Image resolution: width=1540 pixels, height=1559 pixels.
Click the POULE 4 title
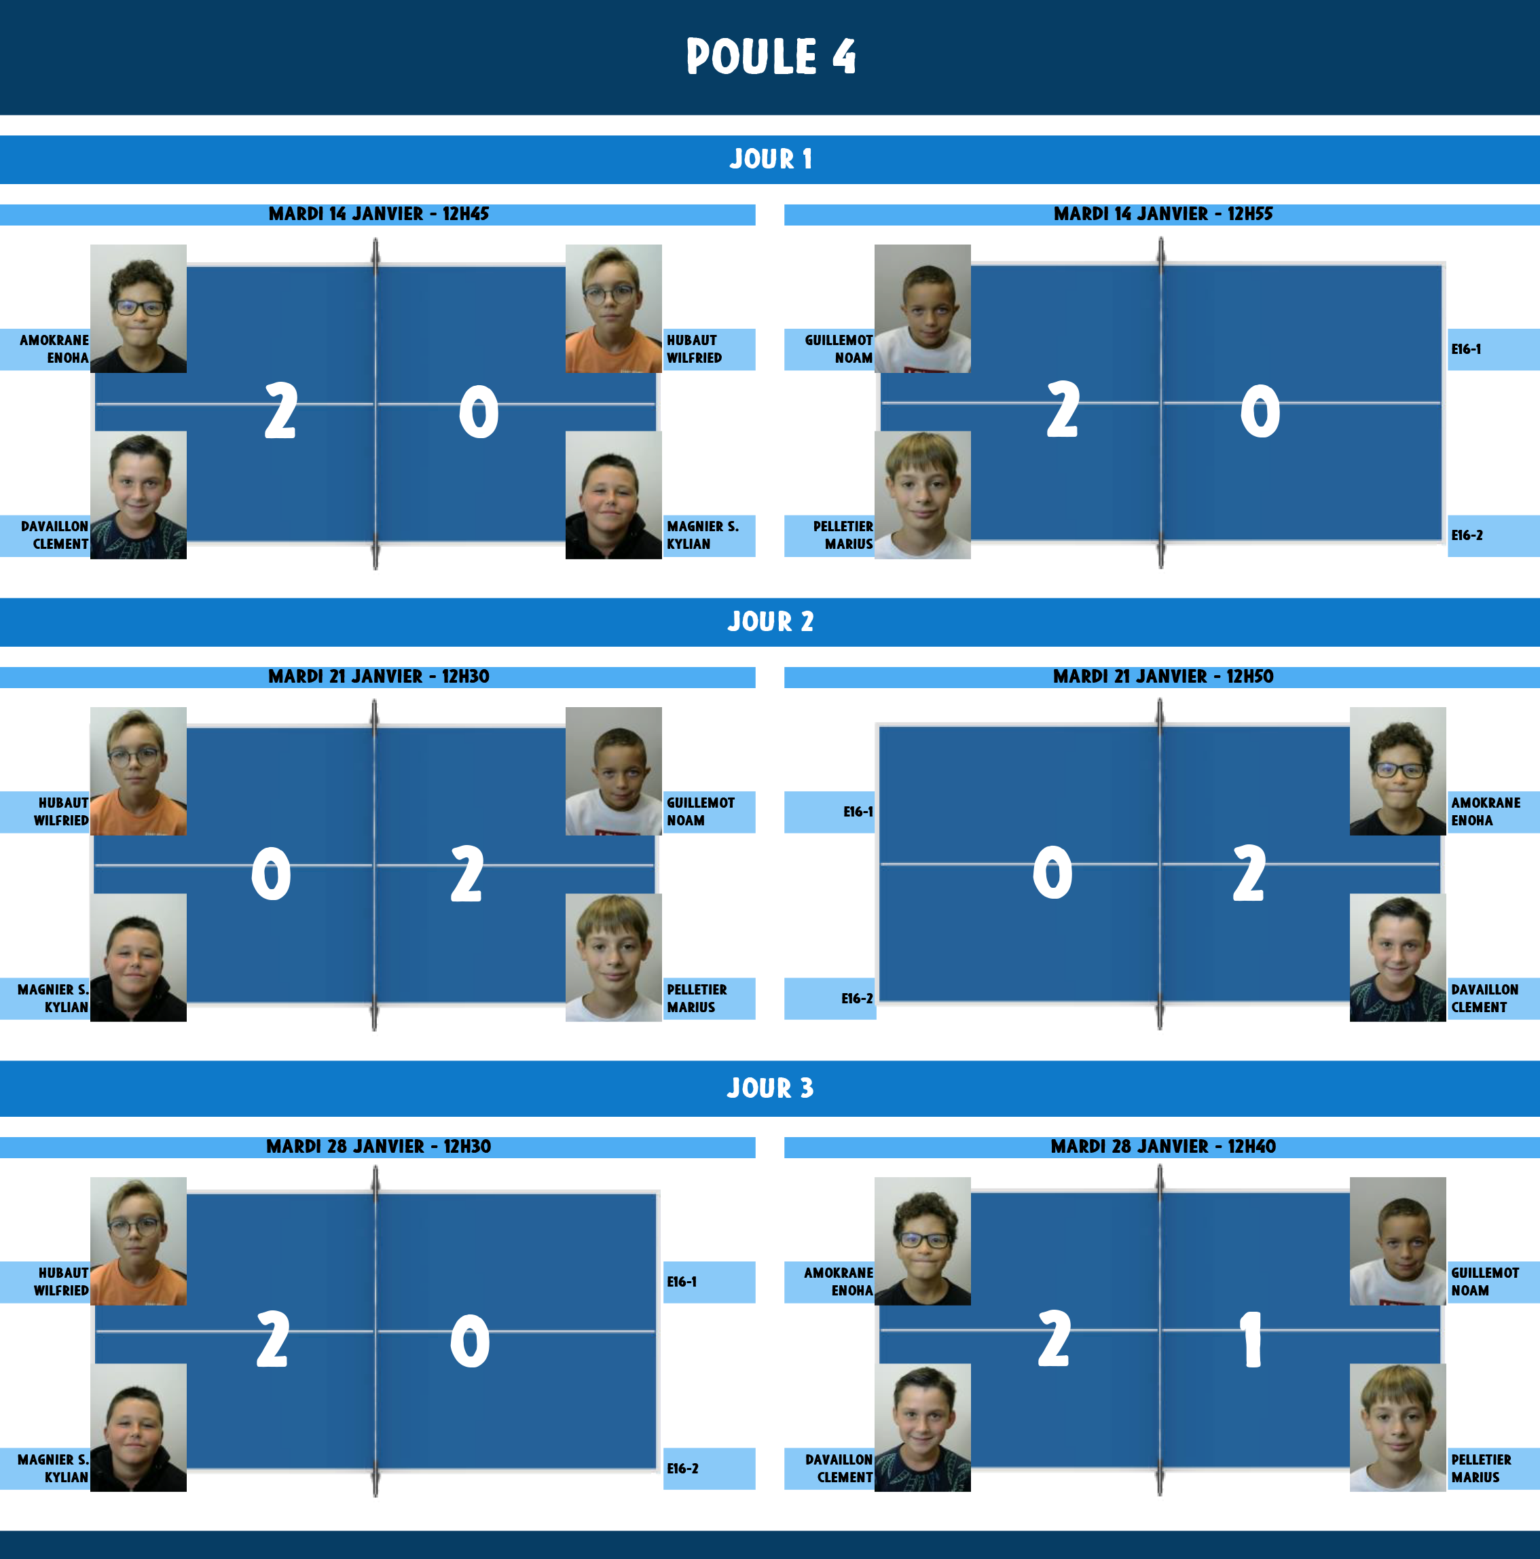click(771, 56)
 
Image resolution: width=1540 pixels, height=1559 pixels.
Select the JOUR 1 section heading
click(771, 159)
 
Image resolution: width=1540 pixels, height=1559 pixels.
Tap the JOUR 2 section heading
click(771, 622)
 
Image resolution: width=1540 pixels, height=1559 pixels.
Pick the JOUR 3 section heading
click(771, 1088)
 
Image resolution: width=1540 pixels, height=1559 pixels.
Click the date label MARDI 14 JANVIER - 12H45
click(378, 214)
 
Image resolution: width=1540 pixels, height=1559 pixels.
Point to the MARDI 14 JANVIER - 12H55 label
click(1162, 214)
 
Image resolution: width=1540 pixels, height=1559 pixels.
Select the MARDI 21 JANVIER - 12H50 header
click(1162, 676)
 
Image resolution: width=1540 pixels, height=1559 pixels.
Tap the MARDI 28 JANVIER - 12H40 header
click(1162, 1146)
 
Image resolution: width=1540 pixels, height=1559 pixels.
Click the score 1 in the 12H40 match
click(1250, 1340)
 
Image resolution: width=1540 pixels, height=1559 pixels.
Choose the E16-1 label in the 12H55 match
click(1466, 349)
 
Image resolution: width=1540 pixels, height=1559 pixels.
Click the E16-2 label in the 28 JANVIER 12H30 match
click(682, 1469)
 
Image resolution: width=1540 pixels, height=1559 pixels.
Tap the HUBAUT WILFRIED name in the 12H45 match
click(694, 349)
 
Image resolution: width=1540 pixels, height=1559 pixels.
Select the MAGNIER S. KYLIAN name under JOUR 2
click(53, 998)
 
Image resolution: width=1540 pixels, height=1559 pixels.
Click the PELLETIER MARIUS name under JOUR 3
click(1481, 1469)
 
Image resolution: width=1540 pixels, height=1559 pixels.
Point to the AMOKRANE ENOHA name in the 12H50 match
click(1485, 812)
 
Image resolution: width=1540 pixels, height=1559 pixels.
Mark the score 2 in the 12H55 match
click(1063, 410)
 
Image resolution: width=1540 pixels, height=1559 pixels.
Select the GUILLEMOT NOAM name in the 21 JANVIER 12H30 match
click(700, 812)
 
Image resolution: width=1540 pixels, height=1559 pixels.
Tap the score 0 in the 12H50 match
click(1052, 873)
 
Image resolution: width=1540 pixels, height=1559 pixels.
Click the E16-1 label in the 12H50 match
click(858, 812)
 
